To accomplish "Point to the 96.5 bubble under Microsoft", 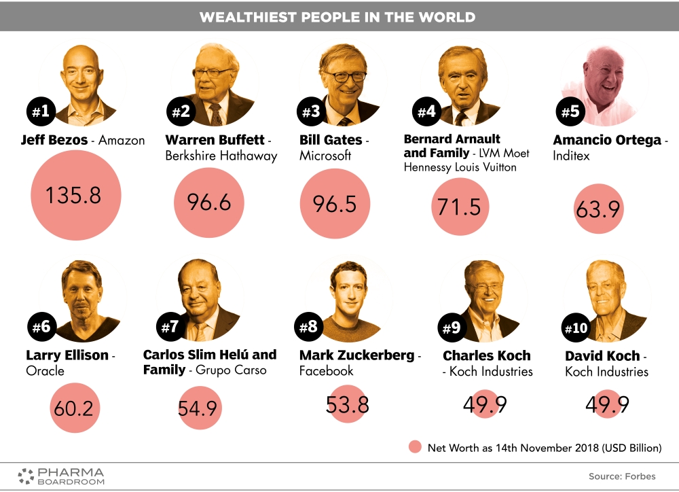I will click(x=335, y=204).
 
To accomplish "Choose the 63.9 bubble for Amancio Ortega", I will click(x=598, y=210).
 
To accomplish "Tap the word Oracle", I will click(x=45, y=371).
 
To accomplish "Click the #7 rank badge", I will click(x=169, y=327).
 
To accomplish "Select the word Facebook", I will click(x=327, y=371).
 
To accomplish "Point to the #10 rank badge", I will click(x=576, y=329).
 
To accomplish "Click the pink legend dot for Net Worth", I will click(x=416, y=447).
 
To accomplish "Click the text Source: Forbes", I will click(x=622, y=476).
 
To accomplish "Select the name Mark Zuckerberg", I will click(x=356, y=355).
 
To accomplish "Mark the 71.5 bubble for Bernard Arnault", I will click(x=460, y=207).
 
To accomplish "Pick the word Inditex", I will click(x=571, y=156).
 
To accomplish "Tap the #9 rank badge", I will click(x=451, y=329).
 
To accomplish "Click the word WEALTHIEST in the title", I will click(x=251, y=17).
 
